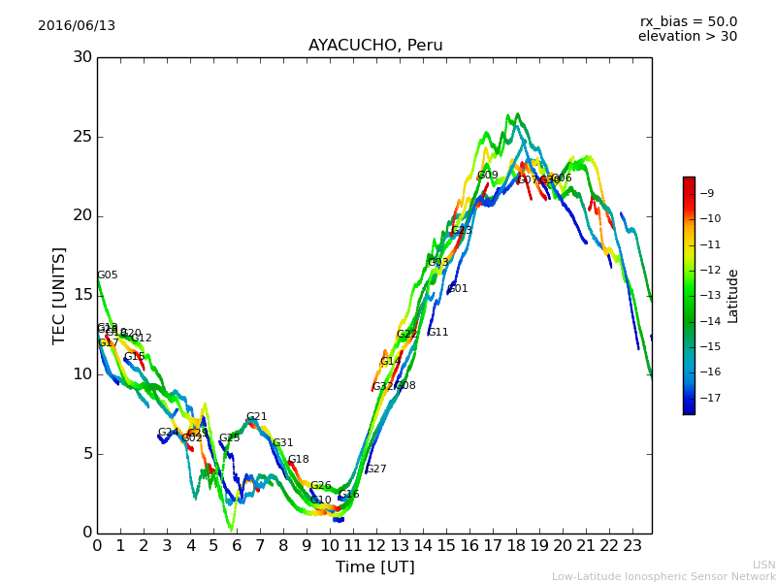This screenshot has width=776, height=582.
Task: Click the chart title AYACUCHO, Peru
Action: click(375, 46)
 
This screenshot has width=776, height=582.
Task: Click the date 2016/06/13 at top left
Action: click(77, 26)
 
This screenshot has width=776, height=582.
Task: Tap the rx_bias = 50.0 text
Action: click(688, 22)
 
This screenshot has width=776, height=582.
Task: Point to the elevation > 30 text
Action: click(688, 37)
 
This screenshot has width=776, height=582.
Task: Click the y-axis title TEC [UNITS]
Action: click(60, 295)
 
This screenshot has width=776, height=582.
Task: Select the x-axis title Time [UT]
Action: click(374, 567)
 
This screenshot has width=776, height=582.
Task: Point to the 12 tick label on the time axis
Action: click(376, 546)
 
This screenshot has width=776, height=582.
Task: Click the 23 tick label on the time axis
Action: click(632, 546)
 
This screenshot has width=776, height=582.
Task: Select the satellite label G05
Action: click(108, 275)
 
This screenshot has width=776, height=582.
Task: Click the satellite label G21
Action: click(257, 417)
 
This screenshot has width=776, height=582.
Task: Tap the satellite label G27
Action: click(376, 469)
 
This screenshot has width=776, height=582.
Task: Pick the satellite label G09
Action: click(488, 176)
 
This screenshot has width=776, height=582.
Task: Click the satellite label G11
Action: click(438, 333)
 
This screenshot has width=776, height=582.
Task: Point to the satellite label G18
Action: click(299, 460)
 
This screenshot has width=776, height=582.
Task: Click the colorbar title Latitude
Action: click(733, 296)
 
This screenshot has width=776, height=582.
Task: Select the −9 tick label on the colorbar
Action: click(706, 193)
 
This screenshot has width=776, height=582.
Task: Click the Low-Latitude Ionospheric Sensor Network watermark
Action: click(663, 577)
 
